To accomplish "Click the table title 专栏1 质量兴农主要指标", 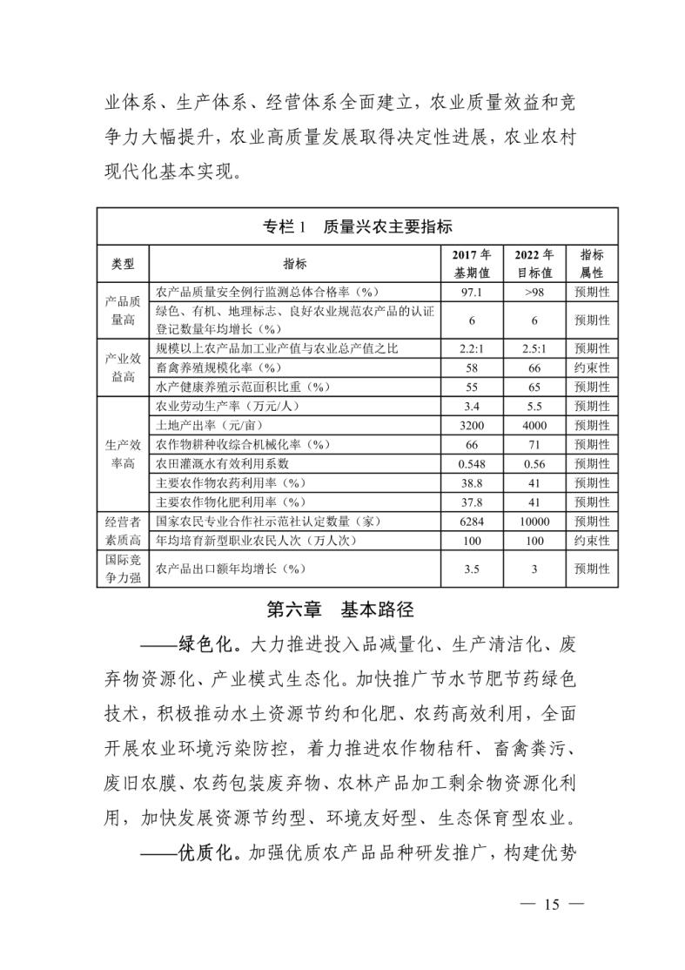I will pyautogui.click(x=357, y=227).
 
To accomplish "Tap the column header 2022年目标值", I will pyautogui.click(x=534, y=263).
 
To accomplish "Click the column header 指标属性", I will pyautogui.click(x=592, y=263).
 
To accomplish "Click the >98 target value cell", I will pyautogui.click(x=534, y=292).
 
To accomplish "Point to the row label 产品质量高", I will pyautogui.click(x=123, y=310).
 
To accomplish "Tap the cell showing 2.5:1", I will pyautogui.click(x=534, y=349).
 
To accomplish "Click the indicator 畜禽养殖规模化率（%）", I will pyautogui.click(x=218, y=368).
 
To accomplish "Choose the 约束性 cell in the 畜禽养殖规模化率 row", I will pyautogui.click(x=592, y=368).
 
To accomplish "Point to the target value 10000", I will pyautogui.click(x=534, y=522).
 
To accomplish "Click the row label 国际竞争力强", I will pyautogui.click(x=123, y=569).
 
